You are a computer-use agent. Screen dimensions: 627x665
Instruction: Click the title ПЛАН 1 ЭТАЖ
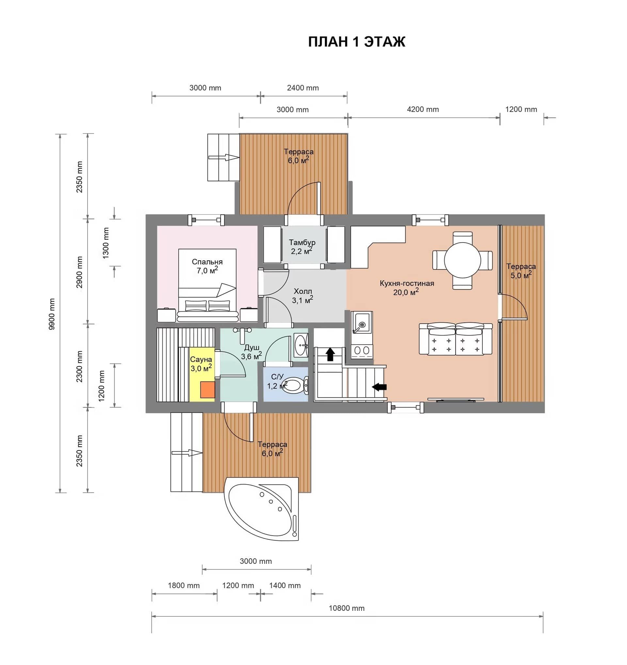[357, 42]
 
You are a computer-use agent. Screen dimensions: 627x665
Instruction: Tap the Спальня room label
[207, 262]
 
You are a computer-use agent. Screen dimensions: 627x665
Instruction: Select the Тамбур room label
[302, 242]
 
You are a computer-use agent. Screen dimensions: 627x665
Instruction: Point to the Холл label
[303, 291]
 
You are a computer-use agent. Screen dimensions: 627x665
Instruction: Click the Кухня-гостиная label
[407, 283]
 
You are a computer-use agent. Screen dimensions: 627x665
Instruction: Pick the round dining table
[462, 261]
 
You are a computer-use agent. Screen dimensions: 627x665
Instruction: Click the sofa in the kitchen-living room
[456, 338]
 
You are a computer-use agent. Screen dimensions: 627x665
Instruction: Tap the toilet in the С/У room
[295, 385]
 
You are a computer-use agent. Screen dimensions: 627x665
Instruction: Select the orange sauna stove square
[208, 390]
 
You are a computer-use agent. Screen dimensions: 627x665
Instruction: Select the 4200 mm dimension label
[423, 109]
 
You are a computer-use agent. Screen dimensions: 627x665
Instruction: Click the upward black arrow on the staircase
[330, 354]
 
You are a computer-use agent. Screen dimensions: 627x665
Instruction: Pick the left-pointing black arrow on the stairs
[379, 387]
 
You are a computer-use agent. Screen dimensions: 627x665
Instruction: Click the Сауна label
[201, 360]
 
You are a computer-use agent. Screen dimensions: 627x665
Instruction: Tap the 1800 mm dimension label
[184, 595]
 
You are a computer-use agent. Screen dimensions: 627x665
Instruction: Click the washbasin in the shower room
[301, 345]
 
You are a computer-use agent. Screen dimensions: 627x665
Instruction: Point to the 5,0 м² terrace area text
[521, 275]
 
